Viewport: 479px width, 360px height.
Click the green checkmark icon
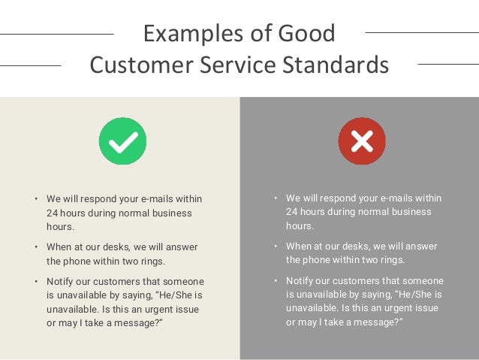click(x=122, y=141)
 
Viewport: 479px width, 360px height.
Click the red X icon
click(x=361, y=141)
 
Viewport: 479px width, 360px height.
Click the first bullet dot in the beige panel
click(x=35, y=200)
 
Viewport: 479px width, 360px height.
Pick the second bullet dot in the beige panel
click(x=35, y=247)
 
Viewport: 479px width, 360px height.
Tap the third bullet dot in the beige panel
click(x=35, y=282)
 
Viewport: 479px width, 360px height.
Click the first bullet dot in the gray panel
click(x=276, y=198)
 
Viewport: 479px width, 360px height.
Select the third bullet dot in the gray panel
click(x=276, y=281)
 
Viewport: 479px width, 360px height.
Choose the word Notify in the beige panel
click(x=61, y=282)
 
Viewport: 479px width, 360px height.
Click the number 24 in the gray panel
click(x=293, y=212)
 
